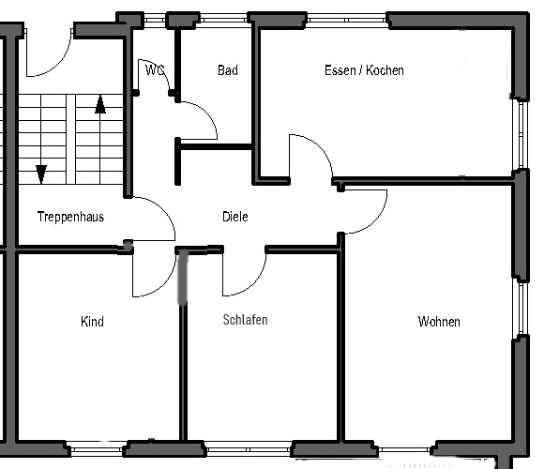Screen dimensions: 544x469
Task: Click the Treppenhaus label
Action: (70, 217)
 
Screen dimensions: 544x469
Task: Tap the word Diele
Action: (235, 217)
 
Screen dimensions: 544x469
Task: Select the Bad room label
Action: (228, 70)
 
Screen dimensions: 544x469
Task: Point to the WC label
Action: (155, 70)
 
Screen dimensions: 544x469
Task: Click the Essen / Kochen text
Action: (364, 70)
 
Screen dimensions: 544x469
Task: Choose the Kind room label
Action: (92, 322)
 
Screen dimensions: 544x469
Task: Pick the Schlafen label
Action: (246, 320)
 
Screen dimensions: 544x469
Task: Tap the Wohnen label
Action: (439, 322)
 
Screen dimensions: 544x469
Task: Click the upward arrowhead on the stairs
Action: (100, 104)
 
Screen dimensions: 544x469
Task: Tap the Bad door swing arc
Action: (206, 112)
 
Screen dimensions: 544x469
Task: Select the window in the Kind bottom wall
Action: (97, 449)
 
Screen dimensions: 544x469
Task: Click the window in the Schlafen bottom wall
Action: (249, 450)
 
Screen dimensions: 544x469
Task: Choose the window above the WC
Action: (155, 20)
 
